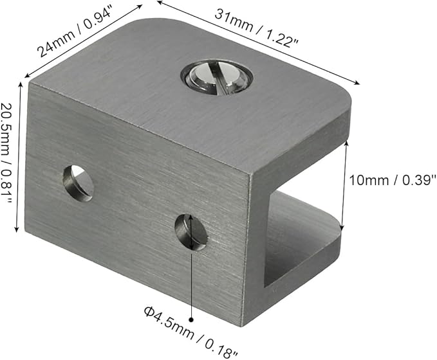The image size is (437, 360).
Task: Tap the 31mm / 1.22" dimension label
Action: click(256, 29)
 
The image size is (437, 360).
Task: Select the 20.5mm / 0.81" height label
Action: click(6, 153)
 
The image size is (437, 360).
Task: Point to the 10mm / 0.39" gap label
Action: click(393, 180)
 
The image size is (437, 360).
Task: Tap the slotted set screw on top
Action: click(217, 78)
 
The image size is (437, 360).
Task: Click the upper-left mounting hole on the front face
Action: click(78, 183)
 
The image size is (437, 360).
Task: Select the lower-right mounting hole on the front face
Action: click(191, 232)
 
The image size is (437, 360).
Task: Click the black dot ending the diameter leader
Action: click(191, 320)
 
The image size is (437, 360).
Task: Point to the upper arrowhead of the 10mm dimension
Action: click(346, 143)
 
